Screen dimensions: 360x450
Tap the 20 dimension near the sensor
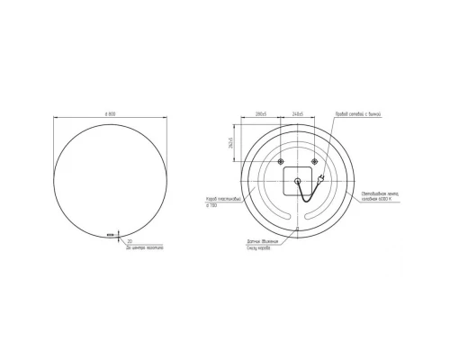click(130, 241)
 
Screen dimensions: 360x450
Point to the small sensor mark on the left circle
click(112, 235)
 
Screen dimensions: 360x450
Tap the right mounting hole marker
click(313, 162)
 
